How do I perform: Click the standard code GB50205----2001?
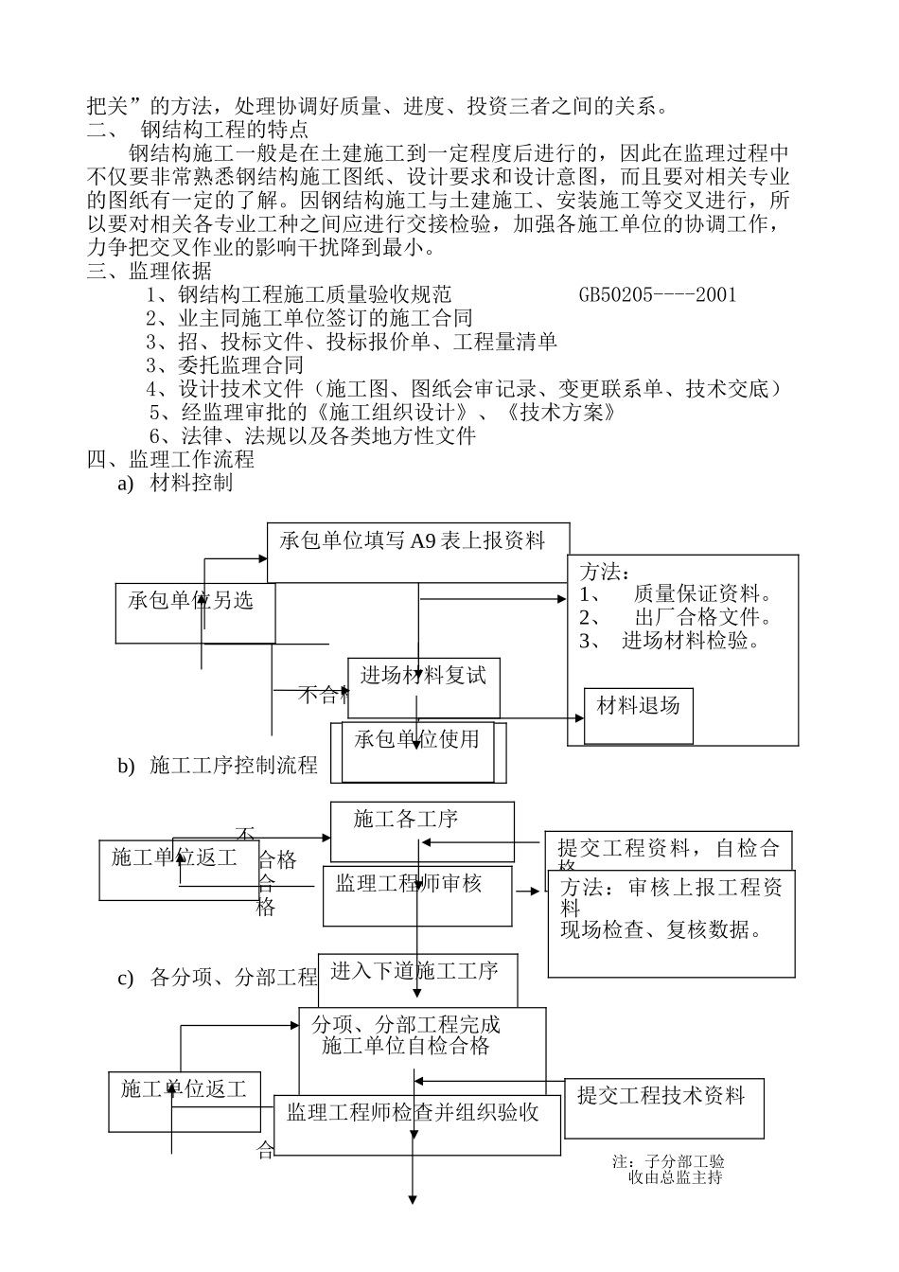coord(657,294)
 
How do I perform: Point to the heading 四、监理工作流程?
coord(170,460)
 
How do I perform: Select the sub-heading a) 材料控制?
coord(175,484)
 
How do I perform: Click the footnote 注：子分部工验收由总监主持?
coord(669,1169)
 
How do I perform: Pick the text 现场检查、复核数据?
coord(661,930)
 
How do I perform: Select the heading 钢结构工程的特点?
coord(223,130)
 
